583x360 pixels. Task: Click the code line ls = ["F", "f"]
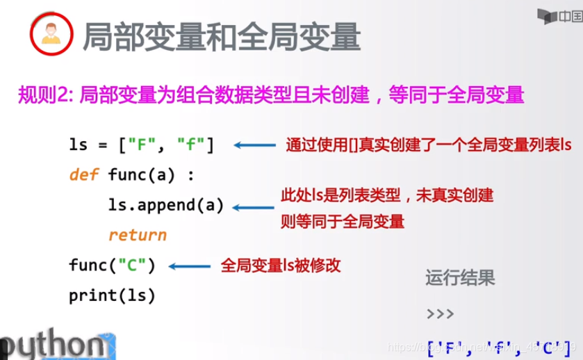[x=142, y=145]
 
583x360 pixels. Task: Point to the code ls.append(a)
[x=166, y=206]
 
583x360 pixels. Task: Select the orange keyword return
[x=138, y=236]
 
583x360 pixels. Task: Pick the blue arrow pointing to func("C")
[x=190, y=265]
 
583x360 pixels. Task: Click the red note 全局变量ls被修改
[x=281, y=265]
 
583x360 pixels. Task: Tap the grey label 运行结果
[x=459, y=279]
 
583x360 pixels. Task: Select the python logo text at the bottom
[x=53, y=345]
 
